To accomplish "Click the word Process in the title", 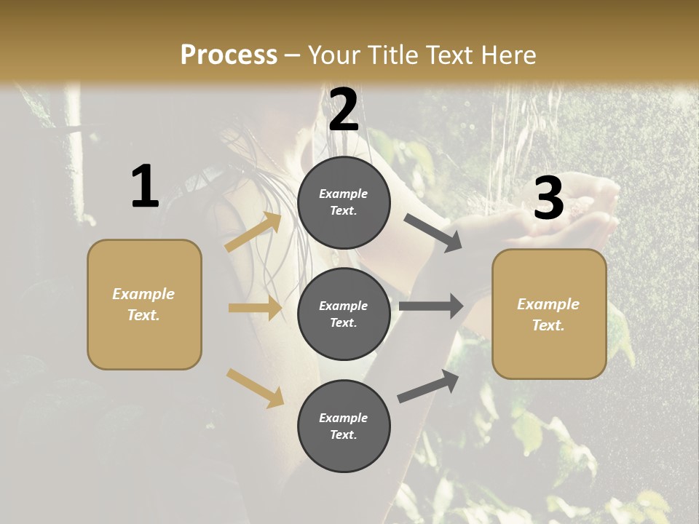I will tap(229, 55).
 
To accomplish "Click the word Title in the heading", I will tap(393, 55).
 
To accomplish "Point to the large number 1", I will tap(145, 186).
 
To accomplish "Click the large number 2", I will tap(344, 110).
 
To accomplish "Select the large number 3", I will tap(548, 199).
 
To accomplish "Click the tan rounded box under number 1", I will tap(144, 304).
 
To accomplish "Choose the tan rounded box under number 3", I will tap(549, 314).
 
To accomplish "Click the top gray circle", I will tap(344, 202).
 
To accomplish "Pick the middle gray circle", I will tap(344, 314).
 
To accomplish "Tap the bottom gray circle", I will tap(344, 426).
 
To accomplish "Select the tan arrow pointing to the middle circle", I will tap(255, 308).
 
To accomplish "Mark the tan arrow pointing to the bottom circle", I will tap(255, 388).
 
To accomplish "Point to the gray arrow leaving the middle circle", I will tap(431, 306).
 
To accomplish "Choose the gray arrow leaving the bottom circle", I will tap(428, 386).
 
